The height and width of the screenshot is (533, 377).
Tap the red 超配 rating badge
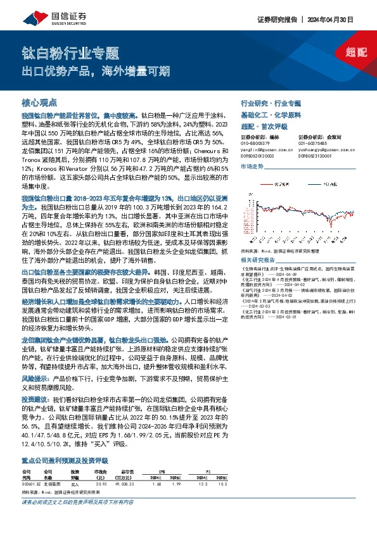pyautogui.click(x=357, y=53)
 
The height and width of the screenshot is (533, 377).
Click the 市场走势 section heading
pyautogui.click(x=252, y=166)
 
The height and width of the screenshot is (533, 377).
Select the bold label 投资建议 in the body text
pyautogui.click(x=35, y=400)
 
